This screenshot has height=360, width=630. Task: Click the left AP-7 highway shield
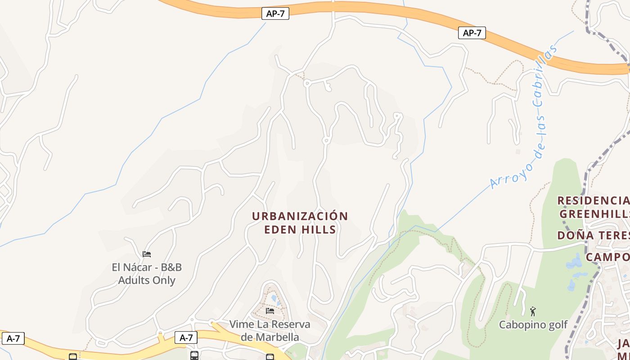point(275,13)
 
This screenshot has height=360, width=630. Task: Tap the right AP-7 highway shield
point(472,33)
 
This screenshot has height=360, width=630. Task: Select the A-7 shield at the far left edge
point(13,338)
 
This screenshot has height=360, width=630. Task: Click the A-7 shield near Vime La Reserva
point(186,337)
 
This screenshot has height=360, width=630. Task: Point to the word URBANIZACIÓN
point(300,216)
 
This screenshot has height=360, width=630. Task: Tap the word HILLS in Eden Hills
point(320,229)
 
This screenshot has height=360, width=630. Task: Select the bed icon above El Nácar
point(147,254)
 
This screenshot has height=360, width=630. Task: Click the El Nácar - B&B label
point(147,267)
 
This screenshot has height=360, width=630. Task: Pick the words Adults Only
point(147,280)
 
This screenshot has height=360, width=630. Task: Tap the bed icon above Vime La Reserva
point(270,310)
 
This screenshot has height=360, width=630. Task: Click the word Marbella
point(275,337)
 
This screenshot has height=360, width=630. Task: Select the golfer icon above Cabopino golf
point(533,311)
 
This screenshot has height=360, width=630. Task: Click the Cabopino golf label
point(533,324)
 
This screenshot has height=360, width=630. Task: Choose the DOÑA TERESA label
point(593,235)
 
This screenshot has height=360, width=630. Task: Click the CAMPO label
point(607,257)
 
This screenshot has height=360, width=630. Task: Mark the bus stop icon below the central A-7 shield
point(194,355)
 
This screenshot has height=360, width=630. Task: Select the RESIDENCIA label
point(593,200)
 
